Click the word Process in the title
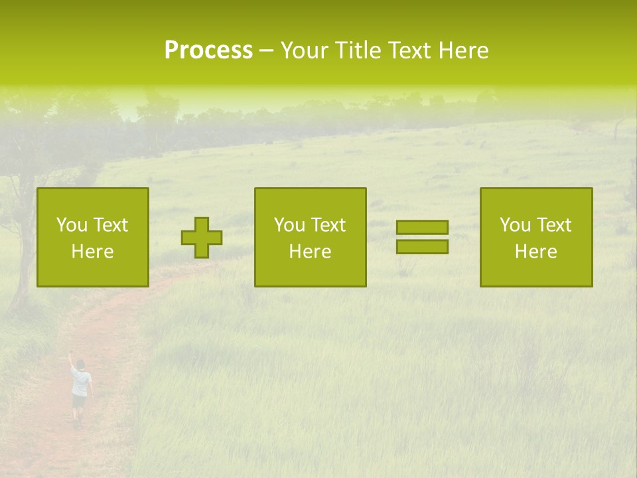click(208, 50)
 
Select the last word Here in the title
click(462, 50)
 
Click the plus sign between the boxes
click(202, 238)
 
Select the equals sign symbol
click(422, 237)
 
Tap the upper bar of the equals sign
click(422, 228)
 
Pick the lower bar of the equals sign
click(422, 246)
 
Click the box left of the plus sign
click(93, 237)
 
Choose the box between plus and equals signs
click(310, 237)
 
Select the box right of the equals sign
click(536, 237)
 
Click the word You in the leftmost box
click(72, 225)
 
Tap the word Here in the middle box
click(310, 252)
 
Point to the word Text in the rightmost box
click(553, 225)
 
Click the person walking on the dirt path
click(80, 392)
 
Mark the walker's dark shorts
click(79, 401)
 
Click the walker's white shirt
click(81, 382)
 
